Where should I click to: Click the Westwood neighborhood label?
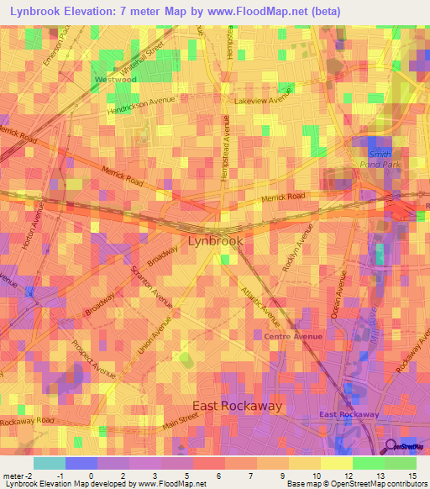(115, 80)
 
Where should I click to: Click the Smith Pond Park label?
(380, 159)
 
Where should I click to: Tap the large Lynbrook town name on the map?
(216, 240)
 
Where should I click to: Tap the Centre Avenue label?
(293, 337)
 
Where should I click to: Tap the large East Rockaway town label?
(238, 406)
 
